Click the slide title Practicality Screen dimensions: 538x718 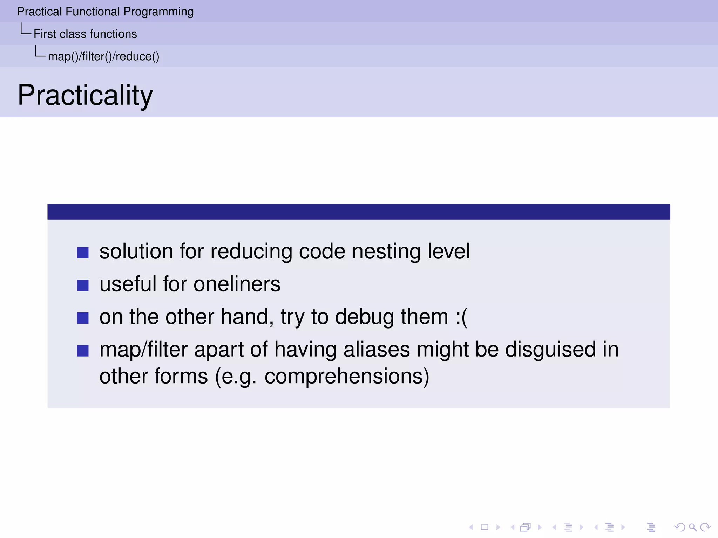[x=85, y=95]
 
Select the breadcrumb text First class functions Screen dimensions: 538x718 [x=85, y=34]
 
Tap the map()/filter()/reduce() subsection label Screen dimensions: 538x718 [x=103, y=56]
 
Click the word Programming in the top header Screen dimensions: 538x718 [x=158, y=12]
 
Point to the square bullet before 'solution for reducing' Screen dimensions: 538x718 [x=83, y=253]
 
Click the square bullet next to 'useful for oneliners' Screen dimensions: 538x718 [x=83, y=285]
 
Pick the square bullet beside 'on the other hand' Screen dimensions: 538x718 [x=83, y=318]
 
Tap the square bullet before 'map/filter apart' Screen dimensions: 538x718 [x=83, y=350]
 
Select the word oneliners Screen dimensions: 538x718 [x=237, y=284]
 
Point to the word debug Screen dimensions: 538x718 [x=364, y=317]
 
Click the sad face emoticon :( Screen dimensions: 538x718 [x=461, y=317]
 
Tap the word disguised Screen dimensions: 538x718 [x=550, y=350]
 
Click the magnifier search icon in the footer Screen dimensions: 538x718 [x=692, y=527]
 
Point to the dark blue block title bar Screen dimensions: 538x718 [x=359, y=212]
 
